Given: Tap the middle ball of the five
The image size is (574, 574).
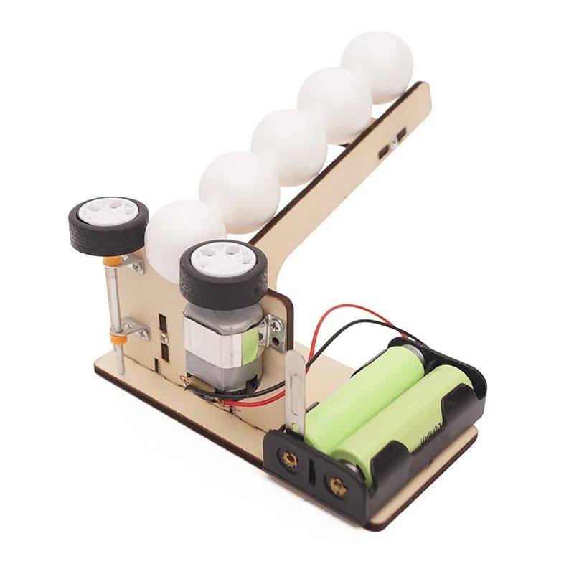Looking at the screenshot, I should tap(288, 146).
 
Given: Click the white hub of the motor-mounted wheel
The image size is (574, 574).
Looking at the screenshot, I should tap(222, 260).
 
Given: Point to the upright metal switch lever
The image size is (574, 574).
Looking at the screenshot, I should tap(295, 391).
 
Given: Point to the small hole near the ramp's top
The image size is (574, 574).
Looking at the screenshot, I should tap(394, 146).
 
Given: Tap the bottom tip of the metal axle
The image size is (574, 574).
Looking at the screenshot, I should tap(122, 371).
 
